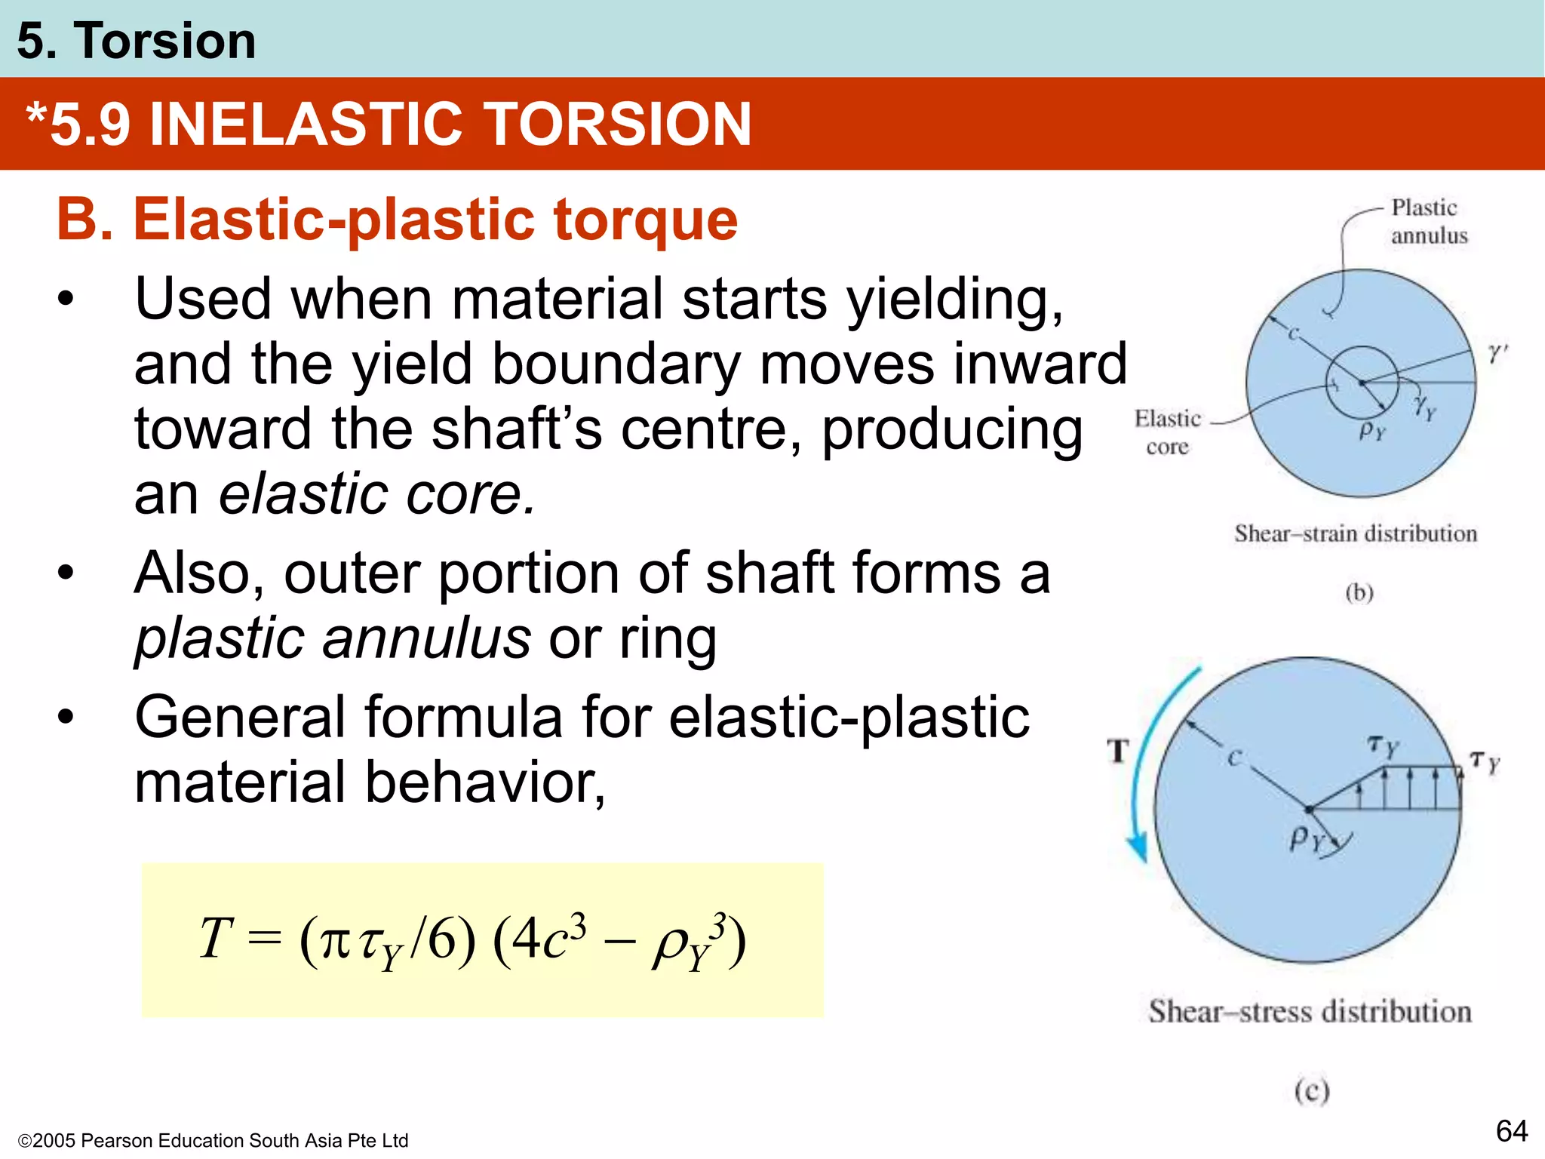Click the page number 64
pos(1511,1131)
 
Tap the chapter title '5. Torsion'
pos(137,41)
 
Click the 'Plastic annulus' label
pos(1428,221)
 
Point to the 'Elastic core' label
pos(1167,432)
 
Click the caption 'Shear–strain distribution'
pos(1355,533)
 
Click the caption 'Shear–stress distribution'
pos(1310,1011)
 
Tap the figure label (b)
pos(1359,593)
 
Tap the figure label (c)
pos(1312,1091)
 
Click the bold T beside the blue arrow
pos(1118,752)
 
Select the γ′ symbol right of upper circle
pos(1497,352)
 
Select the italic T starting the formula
pos(216,938)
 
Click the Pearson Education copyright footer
pos(213,1140)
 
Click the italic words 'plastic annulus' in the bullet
pos(333,638)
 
